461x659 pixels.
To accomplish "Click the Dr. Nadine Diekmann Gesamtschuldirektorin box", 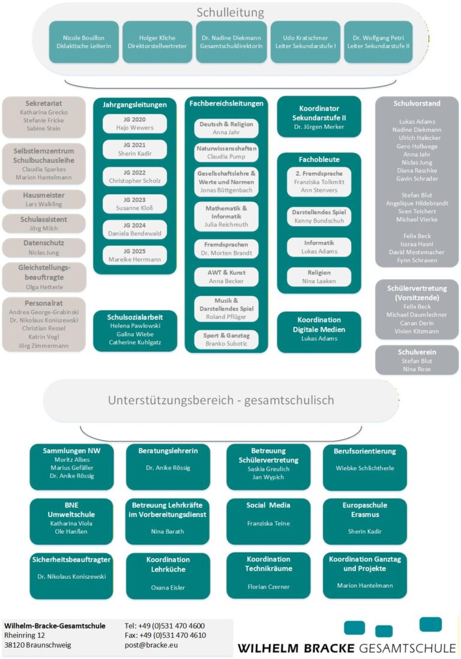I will coord(232,42).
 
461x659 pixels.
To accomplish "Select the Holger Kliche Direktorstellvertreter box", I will coord(157,42).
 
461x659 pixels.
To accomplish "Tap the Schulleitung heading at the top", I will coord(230,13).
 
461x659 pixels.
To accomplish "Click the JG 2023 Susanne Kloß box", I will coord(134,204).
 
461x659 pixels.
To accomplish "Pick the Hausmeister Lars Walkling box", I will coord(44,200).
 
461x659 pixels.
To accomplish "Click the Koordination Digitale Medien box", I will coord(319,329).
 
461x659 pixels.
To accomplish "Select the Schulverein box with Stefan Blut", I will coord(417,360).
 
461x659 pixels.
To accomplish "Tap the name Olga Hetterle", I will coord(44,287).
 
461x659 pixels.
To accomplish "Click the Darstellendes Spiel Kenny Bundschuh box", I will coord(319,217).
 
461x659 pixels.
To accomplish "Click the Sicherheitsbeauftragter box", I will coord(71,567).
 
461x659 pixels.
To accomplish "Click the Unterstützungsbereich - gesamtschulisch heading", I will coord(221,400).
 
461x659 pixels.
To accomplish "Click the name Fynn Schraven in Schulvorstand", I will coord(417,260).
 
